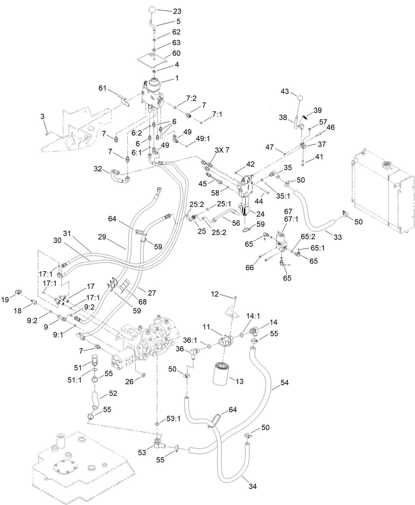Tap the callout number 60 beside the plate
pos(176,53)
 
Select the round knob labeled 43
pos(300,98)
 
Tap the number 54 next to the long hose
pos(284,383)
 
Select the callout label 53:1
pos(171,419)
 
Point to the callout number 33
pos(337,237)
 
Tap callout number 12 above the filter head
pos(215,294)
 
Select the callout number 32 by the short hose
pos(98,169)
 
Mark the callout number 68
pos(143,302)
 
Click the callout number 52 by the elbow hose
pos(113,393)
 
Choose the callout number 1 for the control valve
pos(176,78)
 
